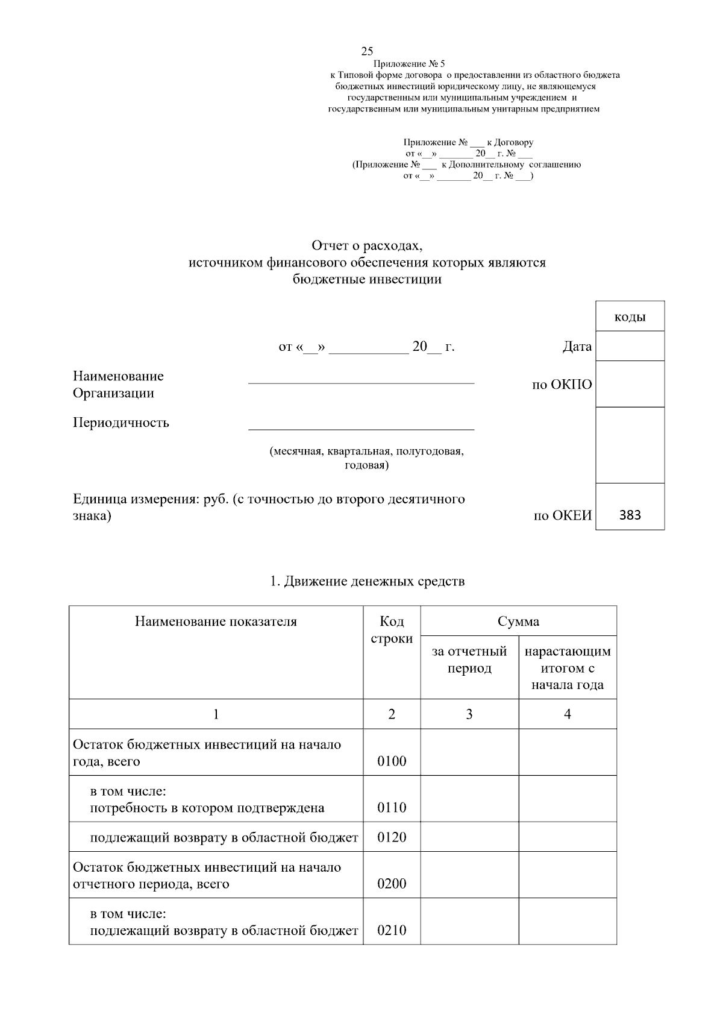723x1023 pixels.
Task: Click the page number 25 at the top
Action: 367,51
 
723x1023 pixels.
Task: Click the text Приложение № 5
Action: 409,64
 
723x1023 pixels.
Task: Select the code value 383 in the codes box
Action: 630,515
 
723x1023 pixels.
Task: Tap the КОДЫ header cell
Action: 630,317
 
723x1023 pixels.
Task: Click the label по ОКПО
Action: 562,385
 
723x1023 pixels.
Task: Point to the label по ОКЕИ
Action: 563,516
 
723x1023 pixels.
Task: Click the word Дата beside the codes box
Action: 577,347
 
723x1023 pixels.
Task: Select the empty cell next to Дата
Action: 630,347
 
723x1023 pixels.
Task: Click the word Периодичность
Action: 121,423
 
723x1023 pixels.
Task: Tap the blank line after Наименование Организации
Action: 361,380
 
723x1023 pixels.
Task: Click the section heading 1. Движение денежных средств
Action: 367,582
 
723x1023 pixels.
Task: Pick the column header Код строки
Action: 392,630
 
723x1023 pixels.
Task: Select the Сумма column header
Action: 518,622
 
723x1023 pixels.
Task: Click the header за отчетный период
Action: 469,660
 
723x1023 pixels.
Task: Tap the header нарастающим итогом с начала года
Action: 568,668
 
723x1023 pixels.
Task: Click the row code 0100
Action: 392,761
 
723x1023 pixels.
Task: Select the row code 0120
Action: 392,837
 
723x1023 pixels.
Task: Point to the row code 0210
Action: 392,931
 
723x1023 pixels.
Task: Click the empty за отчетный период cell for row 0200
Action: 469,875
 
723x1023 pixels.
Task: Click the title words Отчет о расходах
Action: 367,246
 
